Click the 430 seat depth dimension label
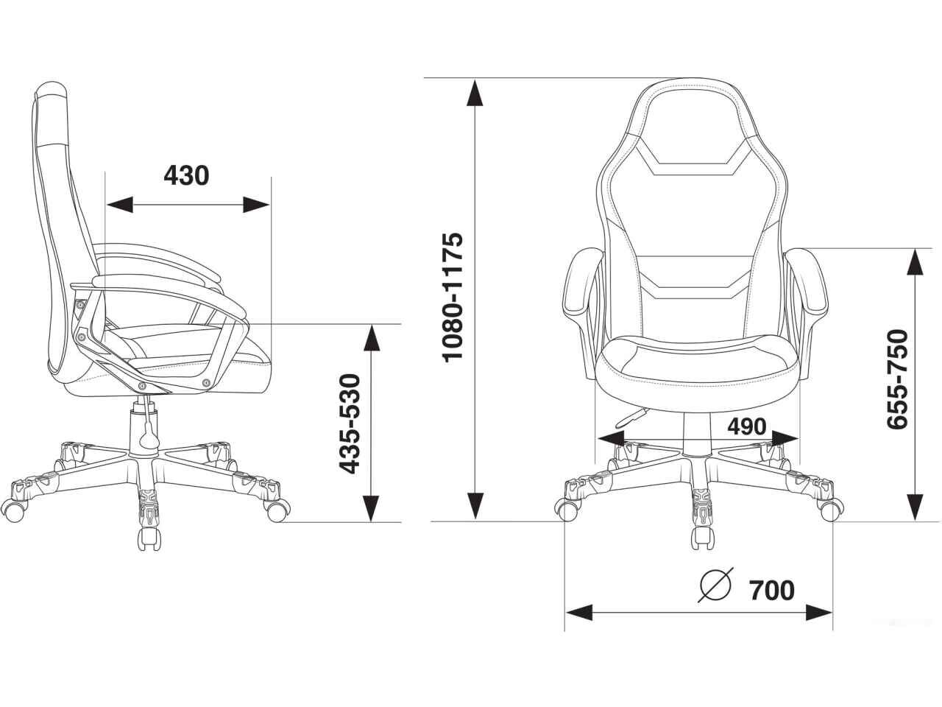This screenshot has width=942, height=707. point(186,175)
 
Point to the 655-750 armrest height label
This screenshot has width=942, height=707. point(897,379)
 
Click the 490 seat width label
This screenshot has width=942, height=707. point(747,426)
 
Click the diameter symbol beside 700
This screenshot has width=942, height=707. point(715,584)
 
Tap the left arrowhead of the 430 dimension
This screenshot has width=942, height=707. point(120,205)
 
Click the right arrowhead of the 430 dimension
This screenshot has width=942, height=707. point(256,205)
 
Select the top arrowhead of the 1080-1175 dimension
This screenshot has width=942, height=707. point(474,92)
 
